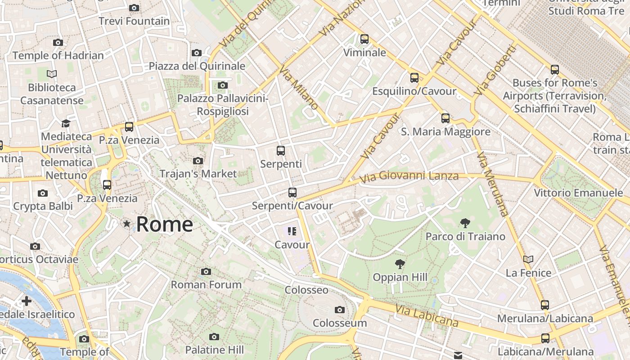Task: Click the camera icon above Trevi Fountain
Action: tap(134, 8)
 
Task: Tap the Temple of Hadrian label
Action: tap(58, 56)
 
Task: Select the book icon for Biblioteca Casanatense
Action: tap(52, 74)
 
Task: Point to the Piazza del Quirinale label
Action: tap(197, 66)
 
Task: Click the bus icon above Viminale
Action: tap(364, 39)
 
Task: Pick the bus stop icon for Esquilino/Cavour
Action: tap(414, 78)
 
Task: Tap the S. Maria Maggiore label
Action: tap(445, 132)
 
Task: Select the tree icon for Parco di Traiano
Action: tap(465, 223)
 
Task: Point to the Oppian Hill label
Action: tap(400, 278)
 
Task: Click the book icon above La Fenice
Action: tap(528, 259)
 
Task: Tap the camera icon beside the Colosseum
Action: tap(340, 310)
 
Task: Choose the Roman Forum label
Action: tap(206, 285)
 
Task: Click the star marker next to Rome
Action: tap(127, 224)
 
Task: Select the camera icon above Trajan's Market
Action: tap(198, 161)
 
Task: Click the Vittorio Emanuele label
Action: tap(578, 193)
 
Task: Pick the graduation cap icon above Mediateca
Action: tap(66, 123)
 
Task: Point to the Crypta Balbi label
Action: tap(43, 207)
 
